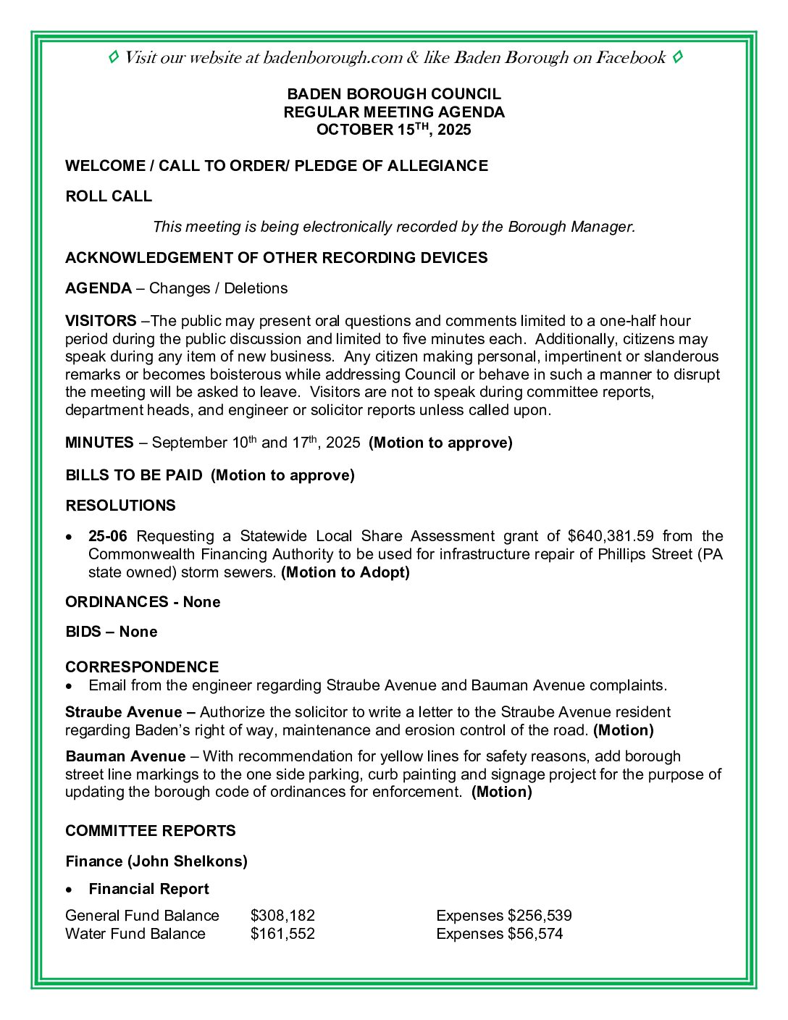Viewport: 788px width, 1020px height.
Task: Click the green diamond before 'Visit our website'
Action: (x=114, y=57)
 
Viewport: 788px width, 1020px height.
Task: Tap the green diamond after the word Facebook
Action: (x=677, y=57)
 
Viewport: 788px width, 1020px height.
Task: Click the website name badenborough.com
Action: (x=332, y=58)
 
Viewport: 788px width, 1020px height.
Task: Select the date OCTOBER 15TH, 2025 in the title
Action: (x=393, y=130)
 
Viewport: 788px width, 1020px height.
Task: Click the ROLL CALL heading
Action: (x=109, y=196)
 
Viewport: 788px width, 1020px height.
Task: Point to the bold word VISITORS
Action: (x=101, y=321)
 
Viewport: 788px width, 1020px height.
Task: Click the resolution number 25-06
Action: (x=107, y=536)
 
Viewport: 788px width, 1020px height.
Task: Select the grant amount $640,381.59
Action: (x=610, y=536)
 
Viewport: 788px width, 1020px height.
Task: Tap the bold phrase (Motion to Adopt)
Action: (x=345, y=572)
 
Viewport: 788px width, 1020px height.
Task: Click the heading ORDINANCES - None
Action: (x=143, y=602)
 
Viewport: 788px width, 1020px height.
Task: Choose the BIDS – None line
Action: (x=111, y=632)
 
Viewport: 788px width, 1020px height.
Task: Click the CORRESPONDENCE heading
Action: (x=142, y=666)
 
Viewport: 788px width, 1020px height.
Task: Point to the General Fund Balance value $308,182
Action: (x=282, y=916)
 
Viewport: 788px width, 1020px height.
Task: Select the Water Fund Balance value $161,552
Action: (x=282, y=934)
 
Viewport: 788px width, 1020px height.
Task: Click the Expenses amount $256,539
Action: (x=540, y=916)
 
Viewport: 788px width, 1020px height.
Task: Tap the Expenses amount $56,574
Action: (x=535, y=934)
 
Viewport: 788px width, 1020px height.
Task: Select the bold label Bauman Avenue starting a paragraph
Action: (x=125, y=756)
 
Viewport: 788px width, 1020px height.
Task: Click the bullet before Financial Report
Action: (x=69, y=890)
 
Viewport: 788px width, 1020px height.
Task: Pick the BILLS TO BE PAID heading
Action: (x=134, y=475)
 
